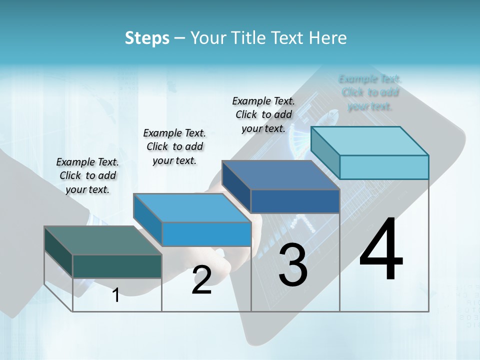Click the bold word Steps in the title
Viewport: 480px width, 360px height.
coord(147,38)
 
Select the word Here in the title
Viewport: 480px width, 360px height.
coord(328,38)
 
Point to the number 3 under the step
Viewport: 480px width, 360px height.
coord(293,265)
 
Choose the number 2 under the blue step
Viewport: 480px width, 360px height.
coord(201,280)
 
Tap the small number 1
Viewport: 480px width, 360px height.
coord(116,295)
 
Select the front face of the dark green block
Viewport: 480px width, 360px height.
coord(117,266)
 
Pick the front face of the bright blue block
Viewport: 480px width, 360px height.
coord(206,234)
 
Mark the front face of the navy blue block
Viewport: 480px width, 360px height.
coord(295,201)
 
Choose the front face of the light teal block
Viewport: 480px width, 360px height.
coord(384,167)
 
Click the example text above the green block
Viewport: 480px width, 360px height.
coord(87,175)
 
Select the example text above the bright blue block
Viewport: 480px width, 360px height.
coord(174,146)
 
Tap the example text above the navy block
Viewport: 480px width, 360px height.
coord(263,114)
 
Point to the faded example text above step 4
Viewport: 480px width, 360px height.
coord(370,92)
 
